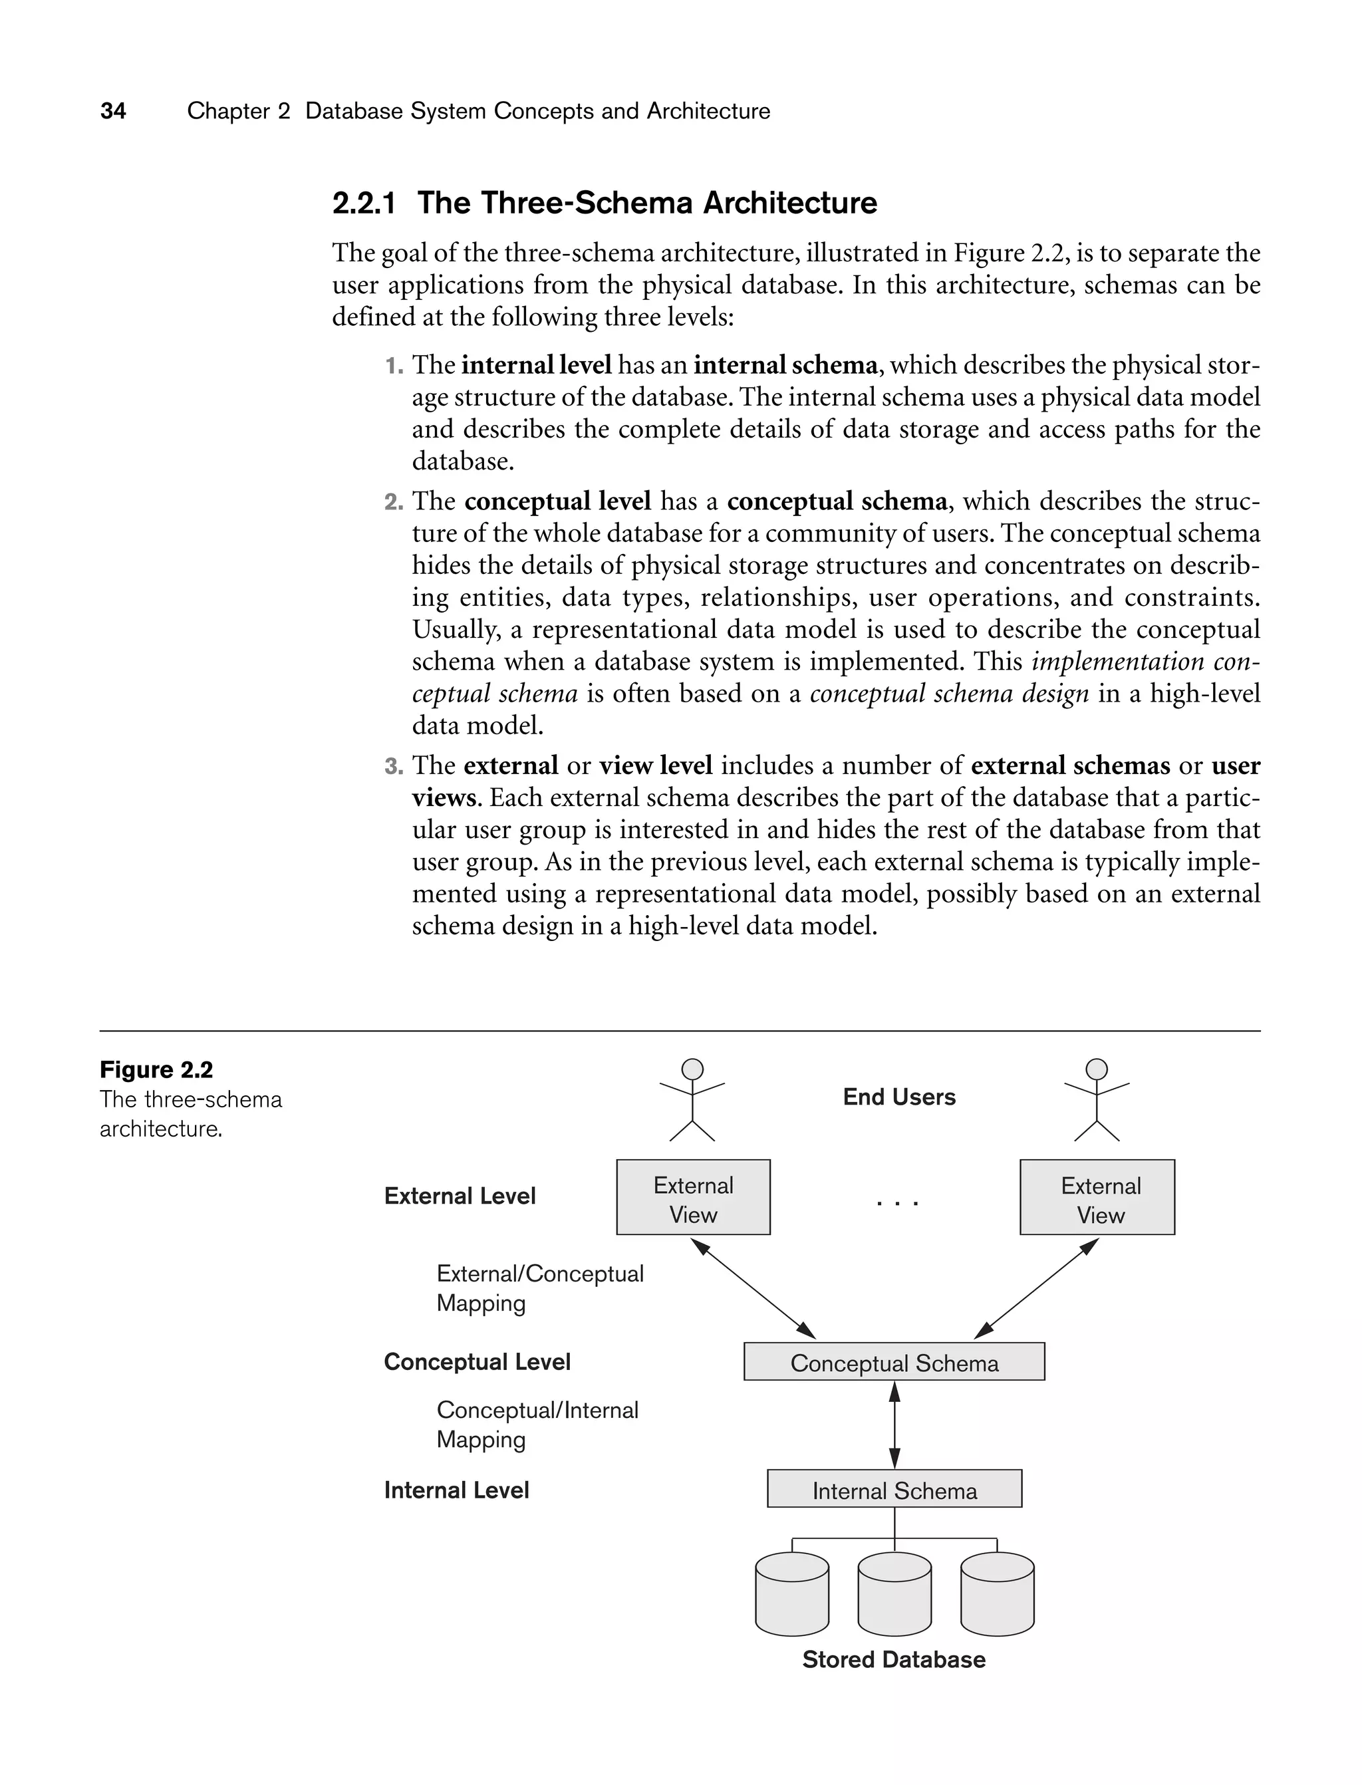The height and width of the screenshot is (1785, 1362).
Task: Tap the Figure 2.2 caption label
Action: [x=156, y=1070]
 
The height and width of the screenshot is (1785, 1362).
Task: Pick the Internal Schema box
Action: [x=894, y=1491]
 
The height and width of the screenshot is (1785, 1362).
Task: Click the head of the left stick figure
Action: [x=692, y=1069]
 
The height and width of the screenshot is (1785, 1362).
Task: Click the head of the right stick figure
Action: [x=1096, y=1069]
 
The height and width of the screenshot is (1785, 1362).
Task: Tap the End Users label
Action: [x=899, y=1097]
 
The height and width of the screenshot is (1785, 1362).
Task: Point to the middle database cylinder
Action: [x=894, y=1595]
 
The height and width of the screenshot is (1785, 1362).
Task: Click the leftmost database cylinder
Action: [x=791, y=1595]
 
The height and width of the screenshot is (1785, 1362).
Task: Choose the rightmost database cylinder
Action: [x=997, y=1595]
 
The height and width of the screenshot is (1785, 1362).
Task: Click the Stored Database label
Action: [x=893, y=1660]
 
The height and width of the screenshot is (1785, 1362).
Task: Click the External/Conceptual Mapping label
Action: [x=539, y=1288]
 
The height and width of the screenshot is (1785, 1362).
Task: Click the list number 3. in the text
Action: [x=394, y=766]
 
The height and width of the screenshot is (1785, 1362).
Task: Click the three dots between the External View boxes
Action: [x=897, y=1204]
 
